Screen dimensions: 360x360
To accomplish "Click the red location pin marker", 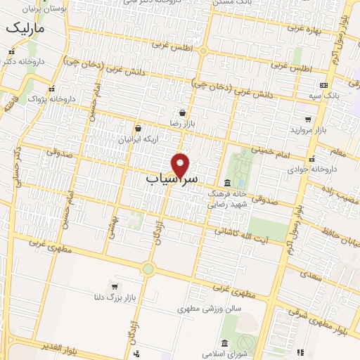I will coord(181,165).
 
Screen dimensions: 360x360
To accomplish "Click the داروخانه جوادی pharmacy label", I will coord(307,169).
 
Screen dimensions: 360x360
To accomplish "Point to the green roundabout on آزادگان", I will coord(148,268).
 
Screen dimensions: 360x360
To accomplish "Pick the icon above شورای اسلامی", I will coord(224,343).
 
